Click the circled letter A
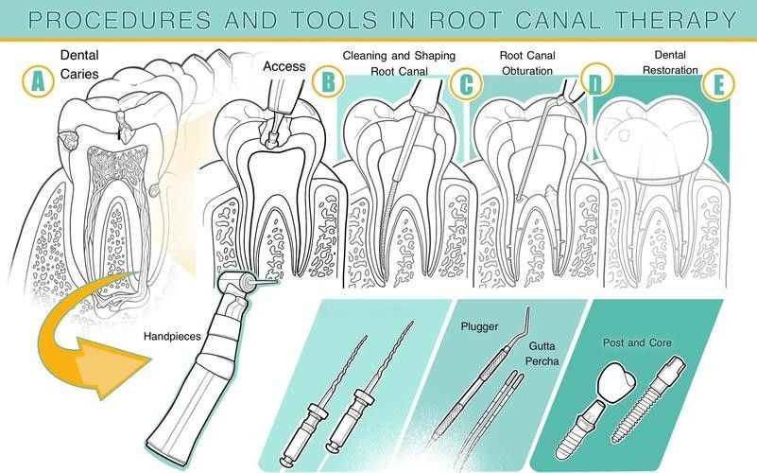pos(38,80)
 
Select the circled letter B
pos(328,80)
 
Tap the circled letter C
pos(466,83)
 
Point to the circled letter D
pos(596,79)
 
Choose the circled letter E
pos(718,84)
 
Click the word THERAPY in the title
pos(676,20)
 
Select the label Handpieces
pos(172,336)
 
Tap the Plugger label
pos(479,326)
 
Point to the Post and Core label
pos(637,342)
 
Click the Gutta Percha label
pos(542,353)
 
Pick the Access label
pos(284,66)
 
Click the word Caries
pos(79,74)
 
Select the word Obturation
pos(527,71)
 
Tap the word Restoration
pos(670,70)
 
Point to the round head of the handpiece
pos(235,284)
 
